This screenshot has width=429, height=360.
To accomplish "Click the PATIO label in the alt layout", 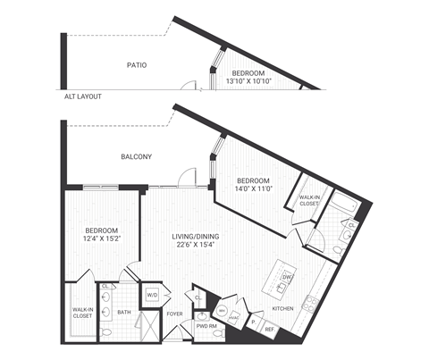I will tap(136, 65).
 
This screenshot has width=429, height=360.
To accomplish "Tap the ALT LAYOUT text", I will tap(82, 96).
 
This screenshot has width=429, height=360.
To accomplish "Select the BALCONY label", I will tap(136, 157).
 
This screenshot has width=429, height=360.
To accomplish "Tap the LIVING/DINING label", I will tap(195, 236).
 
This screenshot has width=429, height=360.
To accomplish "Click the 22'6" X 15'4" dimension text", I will tap(195, 246).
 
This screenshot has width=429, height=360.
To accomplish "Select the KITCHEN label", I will tap(282, 308).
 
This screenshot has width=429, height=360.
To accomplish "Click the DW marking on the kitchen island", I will tap(286, 278).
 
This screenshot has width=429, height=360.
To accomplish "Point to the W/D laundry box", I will tap(151, 294).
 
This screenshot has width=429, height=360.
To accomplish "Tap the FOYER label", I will tap(174, 314).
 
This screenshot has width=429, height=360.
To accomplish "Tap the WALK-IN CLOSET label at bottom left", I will tap(82, 313).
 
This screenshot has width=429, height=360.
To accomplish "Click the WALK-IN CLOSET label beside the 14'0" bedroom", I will tap(309, 200).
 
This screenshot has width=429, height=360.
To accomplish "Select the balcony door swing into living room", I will tap(185, 177).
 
